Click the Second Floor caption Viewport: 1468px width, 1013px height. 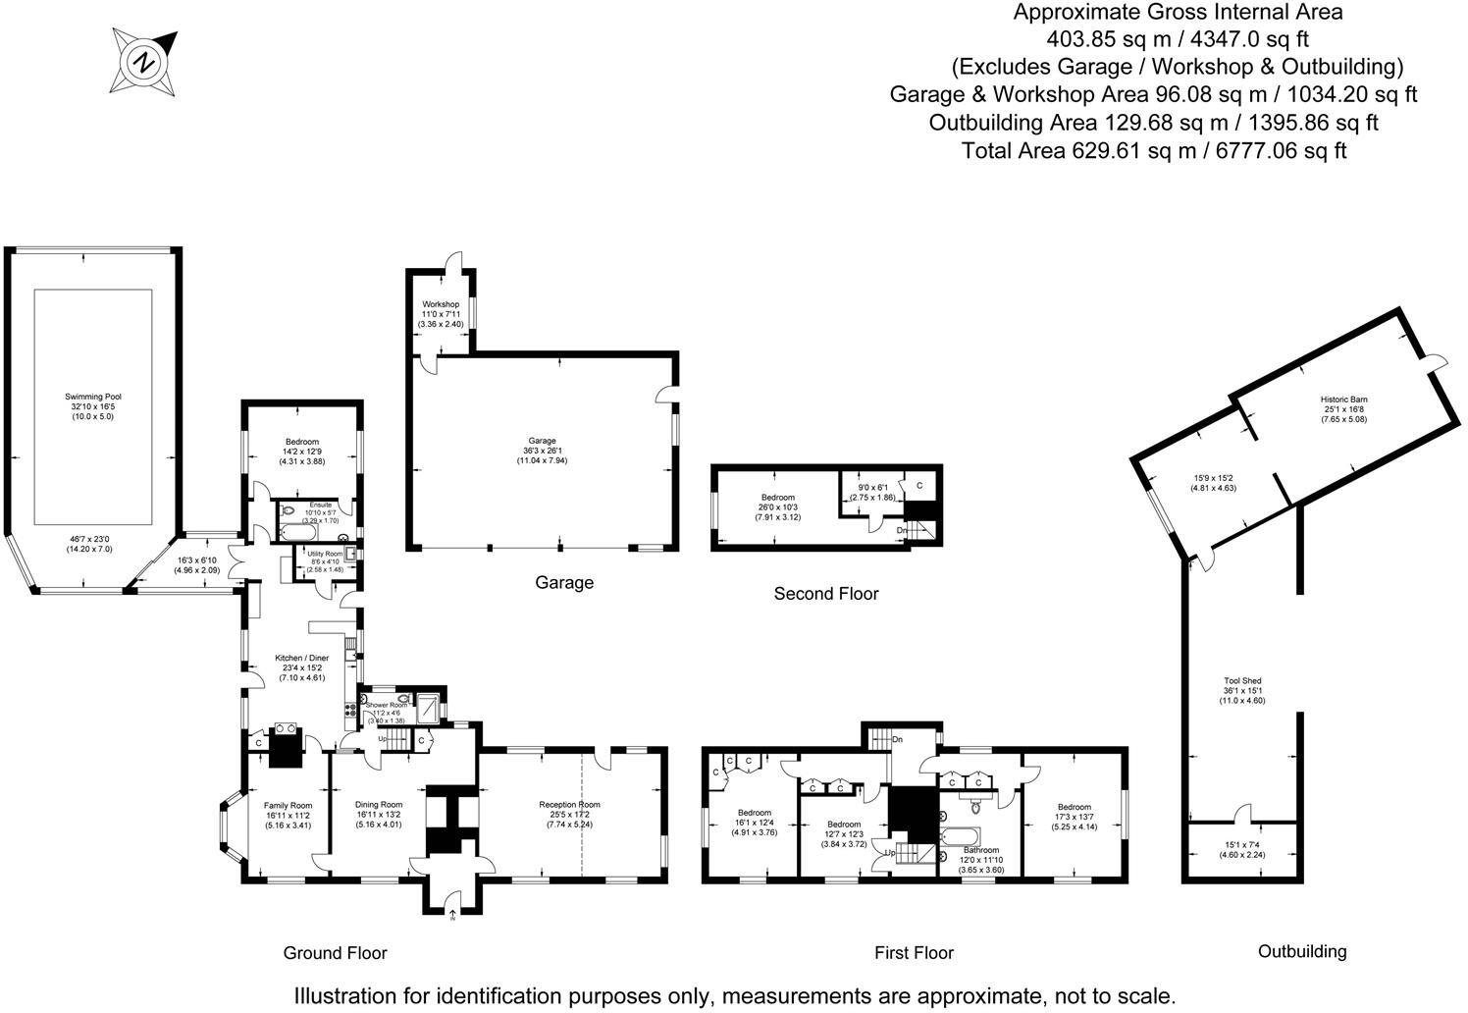pyautogui.click(x=825, y=594)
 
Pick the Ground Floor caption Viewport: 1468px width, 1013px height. pyautogui.click(x=335, y=953)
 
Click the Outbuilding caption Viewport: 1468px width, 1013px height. pyautogui.click(x=1302, y=951)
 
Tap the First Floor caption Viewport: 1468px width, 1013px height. pyautogui.click(x=914, y=953)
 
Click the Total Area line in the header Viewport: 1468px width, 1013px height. pyautogui.click(x=1154, y=150)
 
